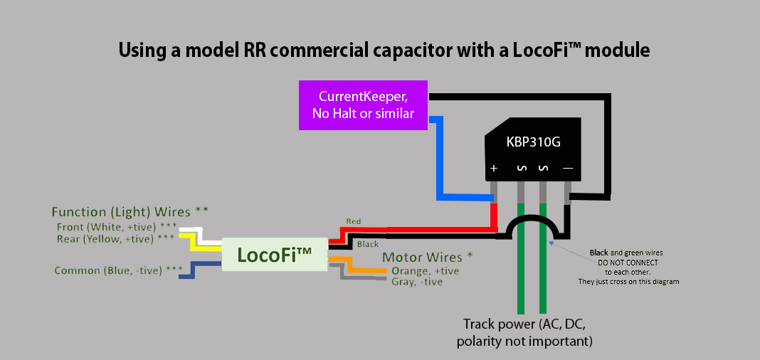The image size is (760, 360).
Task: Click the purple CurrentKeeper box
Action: [x=363, y=105]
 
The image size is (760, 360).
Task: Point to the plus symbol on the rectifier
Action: [x=493, y=169]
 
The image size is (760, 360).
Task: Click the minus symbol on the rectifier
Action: [x=568, y=169]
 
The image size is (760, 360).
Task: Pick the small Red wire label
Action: [x=353, y=222]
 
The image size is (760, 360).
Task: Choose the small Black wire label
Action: [x=367, y=244]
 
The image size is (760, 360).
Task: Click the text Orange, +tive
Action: [x=425, y=271]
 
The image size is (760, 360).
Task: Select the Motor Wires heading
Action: [x=428, y=257]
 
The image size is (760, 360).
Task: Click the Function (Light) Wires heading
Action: [x=130, y=212]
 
